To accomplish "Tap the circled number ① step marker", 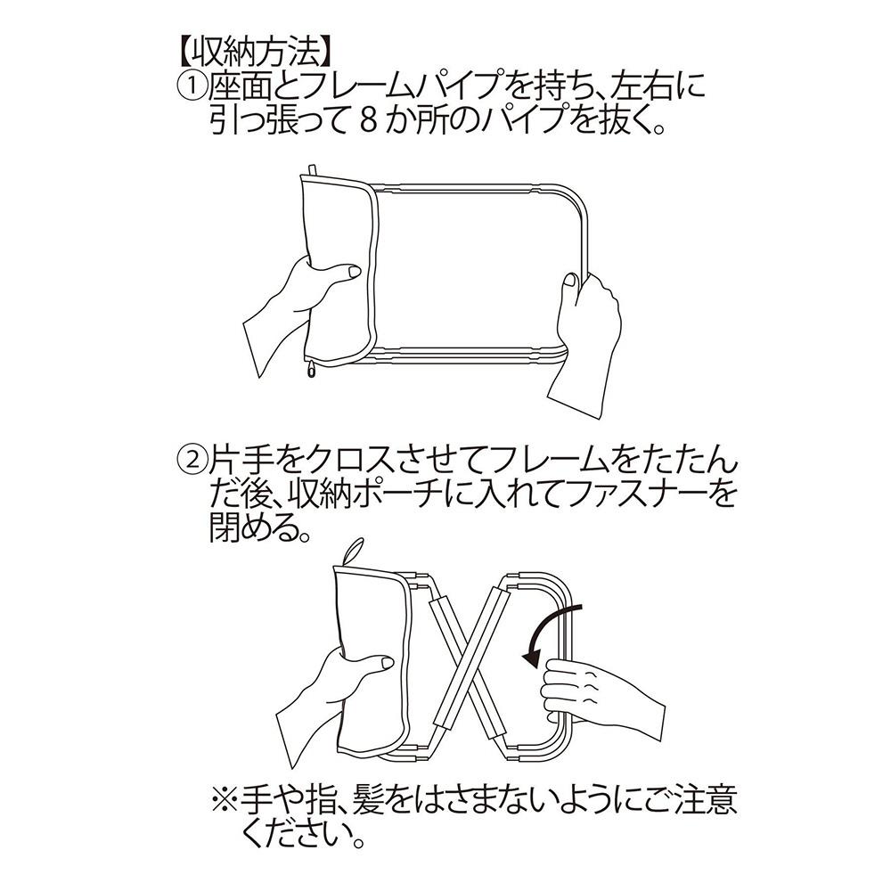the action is (x=192, y=88).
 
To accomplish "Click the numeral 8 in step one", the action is (x=368, y=120).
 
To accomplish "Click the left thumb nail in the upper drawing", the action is (x=354, y=274).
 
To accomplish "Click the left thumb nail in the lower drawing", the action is (x=387, y=664).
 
